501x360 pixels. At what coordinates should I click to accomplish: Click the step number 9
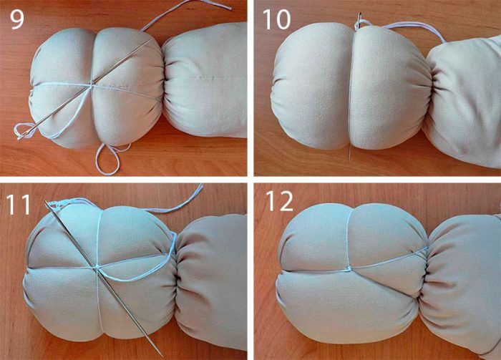point(17,19)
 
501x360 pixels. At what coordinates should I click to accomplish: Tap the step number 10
point(276,19)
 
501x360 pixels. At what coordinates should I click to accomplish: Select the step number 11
point(18,204)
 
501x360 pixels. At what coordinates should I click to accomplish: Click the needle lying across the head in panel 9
point(84,89)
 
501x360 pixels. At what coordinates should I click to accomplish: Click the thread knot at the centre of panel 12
point(349,269)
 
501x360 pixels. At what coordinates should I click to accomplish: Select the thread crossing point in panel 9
point(92,84)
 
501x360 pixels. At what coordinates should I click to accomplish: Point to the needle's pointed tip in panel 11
point(162,354)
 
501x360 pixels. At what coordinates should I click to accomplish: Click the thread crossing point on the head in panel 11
point(98,267)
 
